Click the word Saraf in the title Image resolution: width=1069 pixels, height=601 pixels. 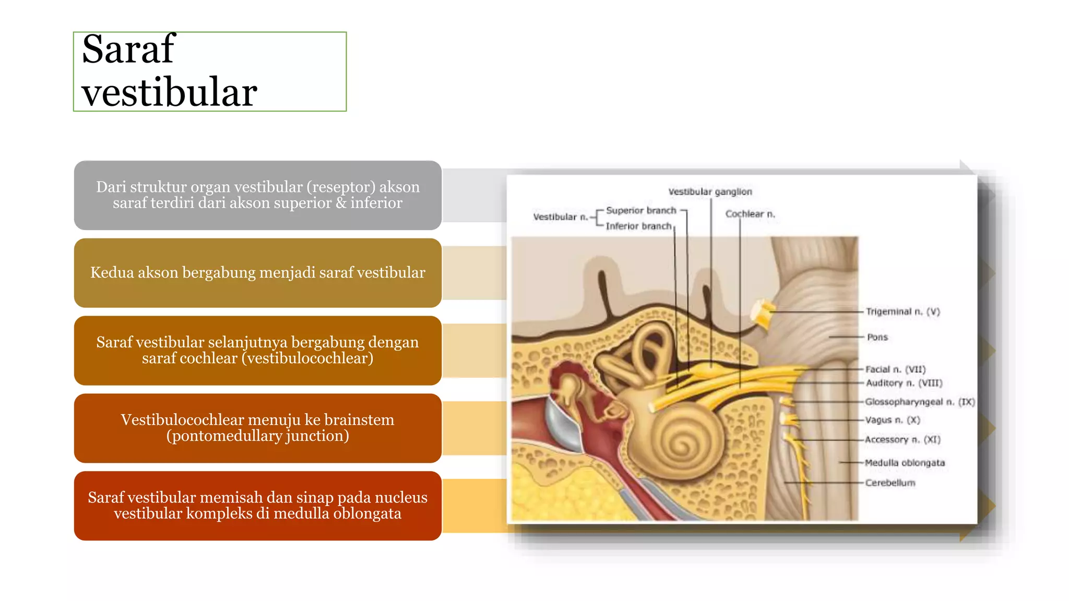pos(128,49)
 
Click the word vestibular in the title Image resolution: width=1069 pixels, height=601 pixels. pos(170,92)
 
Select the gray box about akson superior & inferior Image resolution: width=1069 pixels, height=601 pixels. pos(258,195)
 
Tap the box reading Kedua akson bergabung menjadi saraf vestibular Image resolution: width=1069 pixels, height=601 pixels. pos(258,272)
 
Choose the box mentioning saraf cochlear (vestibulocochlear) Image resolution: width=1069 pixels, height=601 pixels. pos(258,350)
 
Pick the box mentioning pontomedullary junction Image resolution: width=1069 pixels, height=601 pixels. pos(258,428)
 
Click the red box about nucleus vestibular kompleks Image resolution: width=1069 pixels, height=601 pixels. pos(258,506)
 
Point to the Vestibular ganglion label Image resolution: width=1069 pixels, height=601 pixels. pos(710,192)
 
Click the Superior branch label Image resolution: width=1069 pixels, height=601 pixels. pos(641,211)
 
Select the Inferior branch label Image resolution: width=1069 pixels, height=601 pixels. pos(638,226)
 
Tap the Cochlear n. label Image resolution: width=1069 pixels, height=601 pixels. pos(750,214)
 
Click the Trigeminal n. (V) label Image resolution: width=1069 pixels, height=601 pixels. pos(902,312)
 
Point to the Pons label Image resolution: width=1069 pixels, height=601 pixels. pos(877,338)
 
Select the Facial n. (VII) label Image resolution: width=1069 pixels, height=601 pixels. pos(895,369)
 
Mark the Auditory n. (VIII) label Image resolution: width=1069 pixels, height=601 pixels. pos(904,383)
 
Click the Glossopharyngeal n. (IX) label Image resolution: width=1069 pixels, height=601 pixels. pos(920,402)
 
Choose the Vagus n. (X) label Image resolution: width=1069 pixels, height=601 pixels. pos(893,420)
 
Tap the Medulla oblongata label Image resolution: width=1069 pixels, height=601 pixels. pos(905,463)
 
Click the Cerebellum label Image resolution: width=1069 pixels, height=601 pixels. pos(890,483)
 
